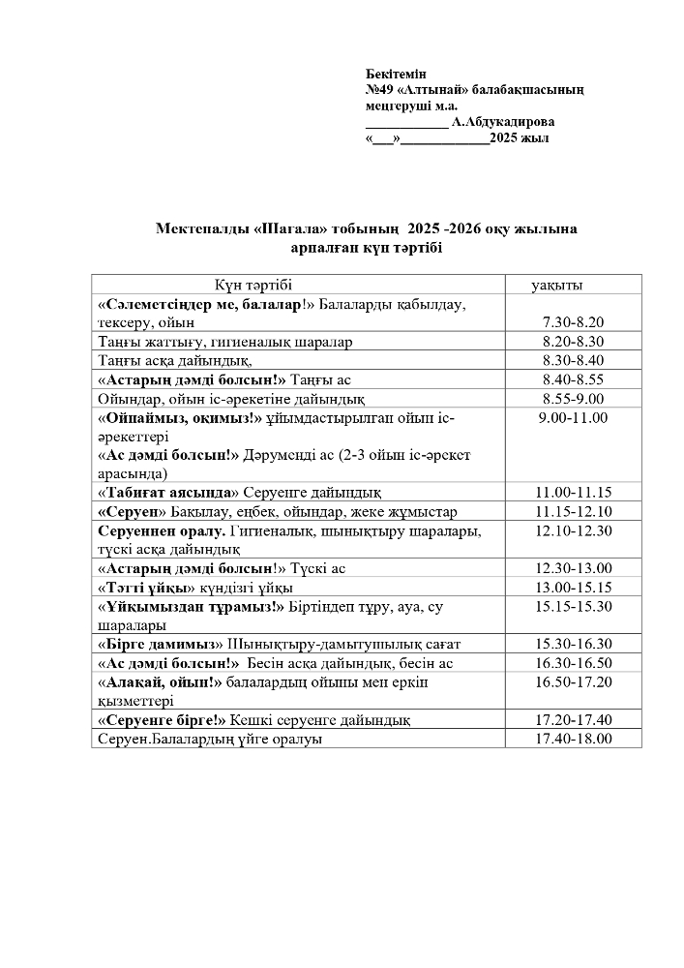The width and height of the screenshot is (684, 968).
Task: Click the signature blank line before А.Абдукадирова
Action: (x=406, y=124)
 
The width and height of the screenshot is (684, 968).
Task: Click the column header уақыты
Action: (x=563, y=285)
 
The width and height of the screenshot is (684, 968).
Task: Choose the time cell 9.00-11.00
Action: (x=574, y=417)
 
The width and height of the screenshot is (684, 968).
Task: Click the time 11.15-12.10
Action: (x=574, y=511)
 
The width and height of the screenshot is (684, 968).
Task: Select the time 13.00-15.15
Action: (x=574, y=588)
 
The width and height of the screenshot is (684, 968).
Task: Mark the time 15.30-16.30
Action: (x=574, y=644)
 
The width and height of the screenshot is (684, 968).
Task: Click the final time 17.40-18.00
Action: (x=574, y=739)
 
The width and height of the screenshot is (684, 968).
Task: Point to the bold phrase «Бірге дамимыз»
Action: (x=161, y=644)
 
